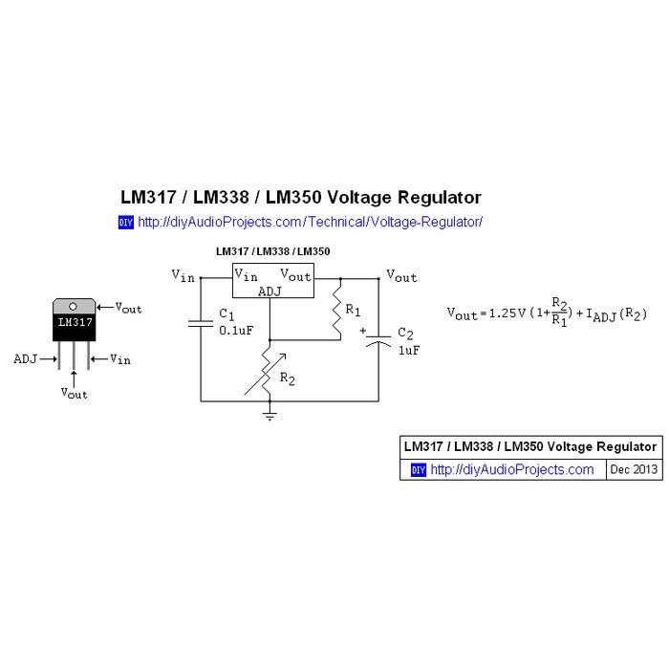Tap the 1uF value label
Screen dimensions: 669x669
tap(408, 350)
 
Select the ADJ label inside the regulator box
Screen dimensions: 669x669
tap(270, 291)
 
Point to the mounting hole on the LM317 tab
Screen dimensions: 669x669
tap(74, 306)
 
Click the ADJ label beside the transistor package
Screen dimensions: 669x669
tap(26, 358)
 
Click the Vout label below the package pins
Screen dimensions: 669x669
tap(74, 393)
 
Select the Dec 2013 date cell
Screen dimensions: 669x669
tap(634, 470)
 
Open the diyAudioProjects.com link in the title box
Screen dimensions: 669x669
tap(512, 470)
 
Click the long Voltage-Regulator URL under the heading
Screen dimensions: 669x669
tap(311, 222)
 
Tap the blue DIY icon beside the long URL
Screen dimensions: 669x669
tap(125, 223)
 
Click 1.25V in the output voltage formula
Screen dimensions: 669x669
tap(508, 313)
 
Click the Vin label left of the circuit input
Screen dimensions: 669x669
tap(183, 276)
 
